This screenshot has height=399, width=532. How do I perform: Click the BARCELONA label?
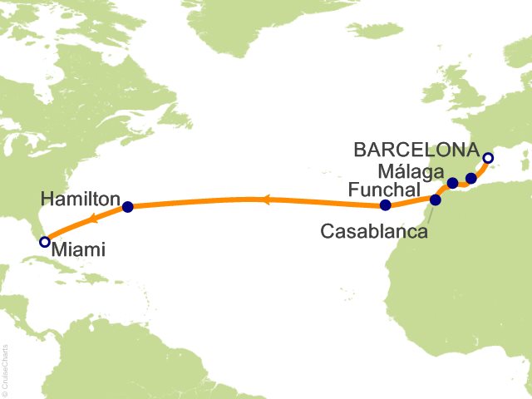pos(415,150)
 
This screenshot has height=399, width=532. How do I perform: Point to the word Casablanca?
pos(374,232)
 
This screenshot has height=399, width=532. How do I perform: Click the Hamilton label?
pos(79,197)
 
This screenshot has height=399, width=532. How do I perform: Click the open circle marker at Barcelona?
pos(488,158)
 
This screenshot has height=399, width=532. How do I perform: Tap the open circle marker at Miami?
pos(45,242)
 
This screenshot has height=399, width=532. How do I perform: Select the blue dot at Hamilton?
pos(127,207)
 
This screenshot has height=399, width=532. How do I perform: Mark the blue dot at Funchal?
pos(385,205)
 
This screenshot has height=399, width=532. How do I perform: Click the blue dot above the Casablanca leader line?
pos(436,199)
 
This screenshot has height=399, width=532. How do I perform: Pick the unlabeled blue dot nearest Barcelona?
pos(471,178)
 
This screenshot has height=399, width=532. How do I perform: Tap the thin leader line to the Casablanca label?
pos(431,213)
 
